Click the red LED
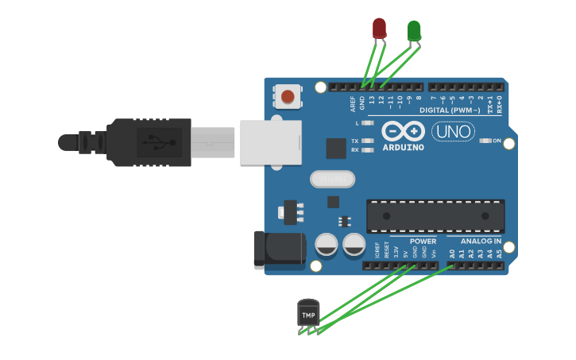pos(379,29)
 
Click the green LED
pos(414,31)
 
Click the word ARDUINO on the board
pos(403,147)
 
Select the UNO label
pos(453,131)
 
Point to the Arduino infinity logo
pos(404,131)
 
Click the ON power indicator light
pos(487,141)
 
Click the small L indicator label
pos(358,123)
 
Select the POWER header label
pos(423,241)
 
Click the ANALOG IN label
pos(481,241)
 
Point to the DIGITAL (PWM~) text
pos(450,110)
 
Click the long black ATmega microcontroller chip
pos(435,216)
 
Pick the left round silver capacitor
pos(327,245)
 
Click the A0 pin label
pos(451,254)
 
